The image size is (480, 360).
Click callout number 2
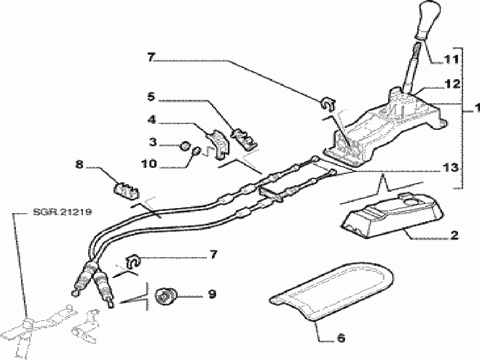coord(454,235)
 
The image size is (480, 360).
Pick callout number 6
coord(340,337)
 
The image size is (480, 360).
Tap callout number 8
coord(79,165)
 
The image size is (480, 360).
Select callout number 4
coord(151,120)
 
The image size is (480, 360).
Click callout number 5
coord(151,97)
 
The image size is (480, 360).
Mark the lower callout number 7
coord(213,254)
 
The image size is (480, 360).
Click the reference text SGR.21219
coord(62,212)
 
